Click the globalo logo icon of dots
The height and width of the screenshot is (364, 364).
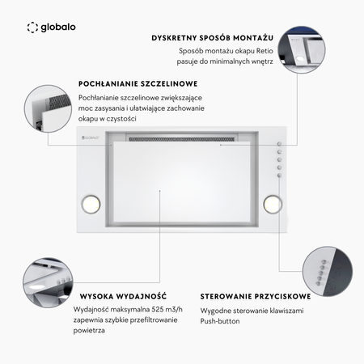32,28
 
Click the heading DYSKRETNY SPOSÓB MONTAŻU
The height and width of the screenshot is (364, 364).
213,38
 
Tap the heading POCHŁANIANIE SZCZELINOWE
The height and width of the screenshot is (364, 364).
138,84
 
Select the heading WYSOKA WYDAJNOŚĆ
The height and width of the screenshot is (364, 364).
123,296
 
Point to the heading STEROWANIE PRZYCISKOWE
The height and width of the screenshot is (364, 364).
256,296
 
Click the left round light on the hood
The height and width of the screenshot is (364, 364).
91,204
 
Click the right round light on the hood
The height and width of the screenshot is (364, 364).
273,204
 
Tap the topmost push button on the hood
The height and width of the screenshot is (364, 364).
279,144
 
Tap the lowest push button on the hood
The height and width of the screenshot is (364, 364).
279,176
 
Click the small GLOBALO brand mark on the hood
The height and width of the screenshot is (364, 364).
91,138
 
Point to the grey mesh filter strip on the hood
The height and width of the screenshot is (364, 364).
182,139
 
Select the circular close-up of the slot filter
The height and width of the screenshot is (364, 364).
48,108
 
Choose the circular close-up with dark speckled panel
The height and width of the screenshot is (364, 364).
328,271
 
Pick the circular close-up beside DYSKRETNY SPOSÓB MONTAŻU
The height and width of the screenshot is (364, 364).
302,49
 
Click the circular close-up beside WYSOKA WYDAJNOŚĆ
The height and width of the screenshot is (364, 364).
48,282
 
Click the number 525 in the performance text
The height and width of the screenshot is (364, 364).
158,309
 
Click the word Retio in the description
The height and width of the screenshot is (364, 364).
265,51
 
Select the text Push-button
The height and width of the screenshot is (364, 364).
220,321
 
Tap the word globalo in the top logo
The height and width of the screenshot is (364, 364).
58,28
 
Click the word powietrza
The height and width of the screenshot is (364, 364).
89,331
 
